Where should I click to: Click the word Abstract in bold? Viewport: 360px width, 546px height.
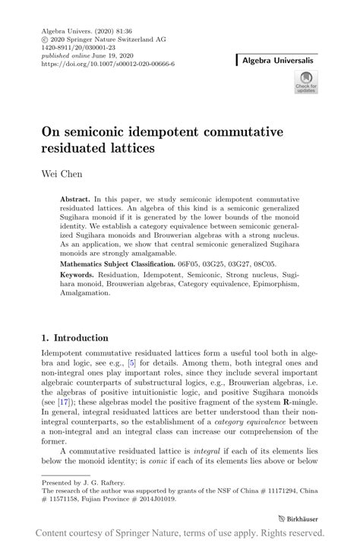click(x=76, y=198)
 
